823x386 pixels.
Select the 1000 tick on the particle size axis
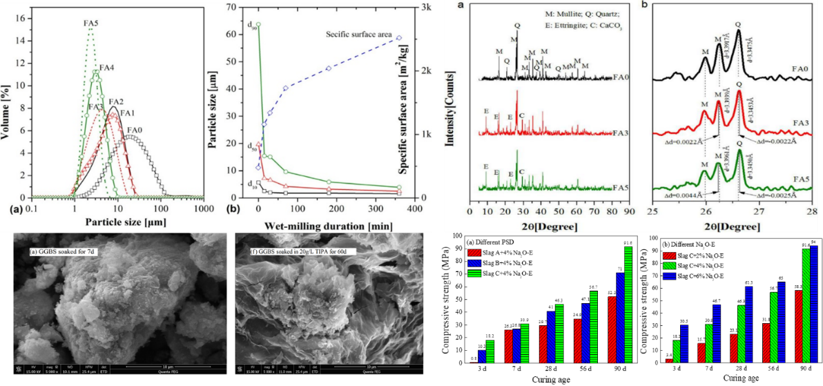click(x=204, y=207)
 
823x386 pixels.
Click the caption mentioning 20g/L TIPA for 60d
click(x=289, y=252)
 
